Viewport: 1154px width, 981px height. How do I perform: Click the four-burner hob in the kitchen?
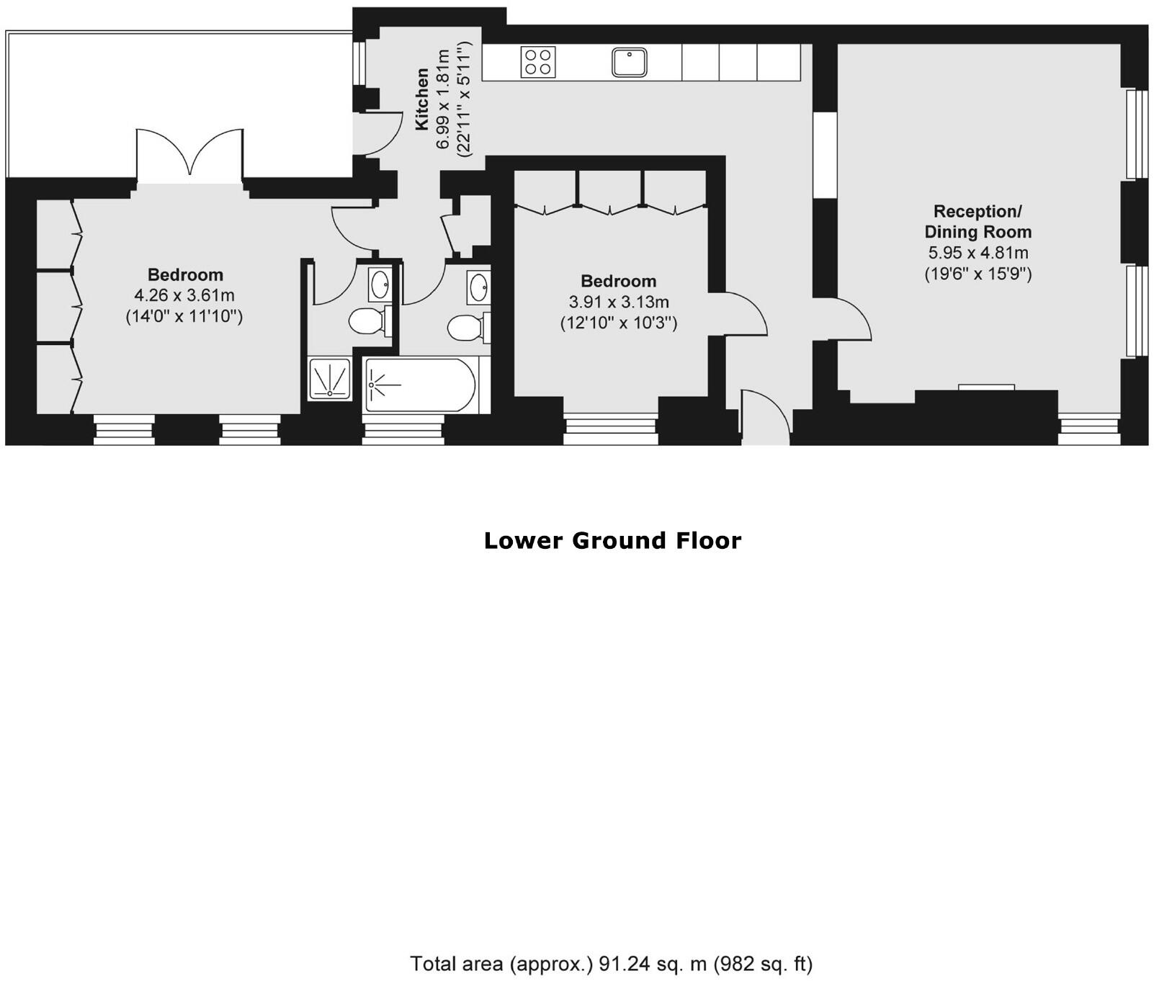pyautogui.click(x=538, y=61)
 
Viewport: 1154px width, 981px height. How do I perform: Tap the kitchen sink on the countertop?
pyautogui.click(x=630, y=62)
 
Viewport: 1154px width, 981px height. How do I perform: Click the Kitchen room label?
pyautogui.click(x=422, y=99)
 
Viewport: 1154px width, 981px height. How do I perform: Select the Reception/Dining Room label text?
pyautogui.click(x=978, y=221)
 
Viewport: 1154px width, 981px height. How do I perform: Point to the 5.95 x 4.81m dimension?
pyautogui.click(x=978, y=253)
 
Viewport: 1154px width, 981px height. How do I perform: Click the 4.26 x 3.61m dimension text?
pyautogui.click(x=184, y=295)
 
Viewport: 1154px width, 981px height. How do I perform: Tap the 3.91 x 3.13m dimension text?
pyautogui.click(x=619, y=302)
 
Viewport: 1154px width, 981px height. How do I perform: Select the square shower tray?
pyautogui.click(x=330, y=379)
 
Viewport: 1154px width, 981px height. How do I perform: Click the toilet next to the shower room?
pyautogui.click(x=367, y=321)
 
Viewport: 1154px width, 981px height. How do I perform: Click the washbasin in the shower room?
pyautogui.click(x=380, y=285)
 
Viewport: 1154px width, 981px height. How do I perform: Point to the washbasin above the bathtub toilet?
pyautogui.click(x=478, y=288)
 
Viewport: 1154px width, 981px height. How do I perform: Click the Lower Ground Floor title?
pyautogui.click(x=612, y=541)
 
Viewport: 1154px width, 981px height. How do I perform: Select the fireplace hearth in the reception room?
pyautogui.click(x=986, y=388)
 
